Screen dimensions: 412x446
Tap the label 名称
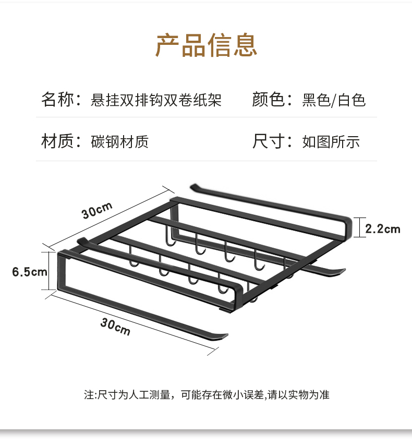click(58, 99)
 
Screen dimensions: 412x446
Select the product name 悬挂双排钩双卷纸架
click(156, 100)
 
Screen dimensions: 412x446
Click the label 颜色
click(269, 99)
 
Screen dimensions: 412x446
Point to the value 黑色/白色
click(334, 100)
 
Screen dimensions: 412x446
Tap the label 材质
click(58, 141)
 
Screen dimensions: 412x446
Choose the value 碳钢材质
click(120, 141)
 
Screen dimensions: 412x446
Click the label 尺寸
click(269, 141)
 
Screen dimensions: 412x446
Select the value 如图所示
click(331, 141)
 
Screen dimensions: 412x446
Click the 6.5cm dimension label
click(30, 271)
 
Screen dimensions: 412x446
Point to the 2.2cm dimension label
click(382, 228)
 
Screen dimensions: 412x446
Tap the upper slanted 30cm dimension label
click(97, 211)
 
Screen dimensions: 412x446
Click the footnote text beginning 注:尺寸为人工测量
click(207, 395)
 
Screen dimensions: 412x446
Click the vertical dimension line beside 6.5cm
click(51, 271)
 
